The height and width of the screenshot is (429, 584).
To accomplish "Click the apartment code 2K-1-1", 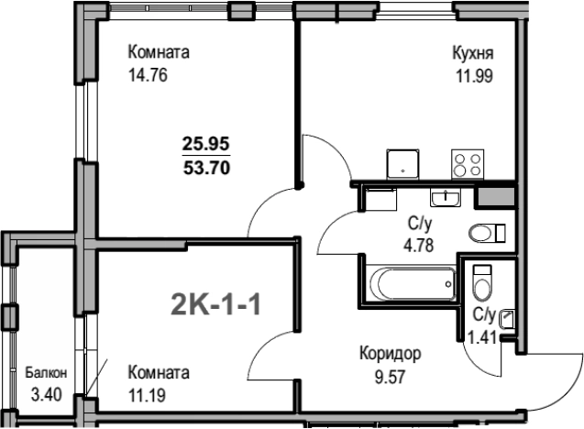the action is [x=215, y=304].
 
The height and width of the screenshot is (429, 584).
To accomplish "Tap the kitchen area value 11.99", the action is [x=475, y=75].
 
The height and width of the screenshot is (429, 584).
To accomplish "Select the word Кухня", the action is [x=473, y=53].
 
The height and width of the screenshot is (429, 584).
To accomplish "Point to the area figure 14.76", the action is [x=148, y=75].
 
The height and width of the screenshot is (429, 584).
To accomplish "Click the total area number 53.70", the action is [x=206, y=168].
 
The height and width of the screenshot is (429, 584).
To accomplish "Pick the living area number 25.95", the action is [x=206, y=143].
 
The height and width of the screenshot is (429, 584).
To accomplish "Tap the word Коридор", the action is [x=391, y=354].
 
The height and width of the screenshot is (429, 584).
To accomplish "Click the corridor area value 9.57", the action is [x=390, y=377].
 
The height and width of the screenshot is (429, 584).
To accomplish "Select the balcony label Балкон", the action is [x=46, y=372].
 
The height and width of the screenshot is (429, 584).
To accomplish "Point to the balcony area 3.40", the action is [x=46, y=395].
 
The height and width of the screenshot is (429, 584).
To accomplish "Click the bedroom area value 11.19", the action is [x=147, y=395].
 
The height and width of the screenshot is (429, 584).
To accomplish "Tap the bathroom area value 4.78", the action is [x=419, y=246].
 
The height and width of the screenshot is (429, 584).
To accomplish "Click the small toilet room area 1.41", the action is [x=482, y=337].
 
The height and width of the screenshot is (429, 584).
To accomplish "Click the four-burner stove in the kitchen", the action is [x=468, y=164].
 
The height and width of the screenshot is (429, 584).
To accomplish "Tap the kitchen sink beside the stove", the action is [x=402, y=164].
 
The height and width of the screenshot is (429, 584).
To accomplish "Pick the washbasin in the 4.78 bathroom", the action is [x=446, y=197].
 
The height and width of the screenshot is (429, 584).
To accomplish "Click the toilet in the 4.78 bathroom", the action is [x=487, y=234].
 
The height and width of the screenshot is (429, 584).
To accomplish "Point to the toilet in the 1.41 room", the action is [x=482, y=282].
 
